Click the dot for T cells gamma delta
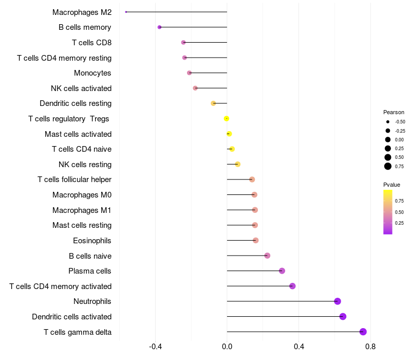(363, 332)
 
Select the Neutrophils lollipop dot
(338, 301)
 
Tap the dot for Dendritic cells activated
(343, 316)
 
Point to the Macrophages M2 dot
(126, 12)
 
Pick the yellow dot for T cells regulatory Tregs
(226, 119)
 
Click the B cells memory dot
(160, 27)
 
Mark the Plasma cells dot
(282, 271)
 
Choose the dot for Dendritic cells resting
(213, 103)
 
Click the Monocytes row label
(92, 73)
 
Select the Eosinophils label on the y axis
(92, 241)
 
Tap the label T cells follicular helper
(74, 179)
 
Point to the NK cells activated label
(81, 88)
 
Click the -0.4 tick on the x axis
(156, 347)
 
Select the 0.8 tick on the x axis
(370, 347)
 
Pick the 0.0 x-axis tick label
(227, 347)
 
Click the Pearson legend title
(394, 112)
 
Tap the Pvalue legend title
(391, 185)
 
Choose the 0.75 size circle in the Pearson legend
(388, 166)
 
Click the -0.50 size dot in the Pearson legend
(388, 122)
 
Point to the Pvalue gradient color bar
(388, 212)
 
